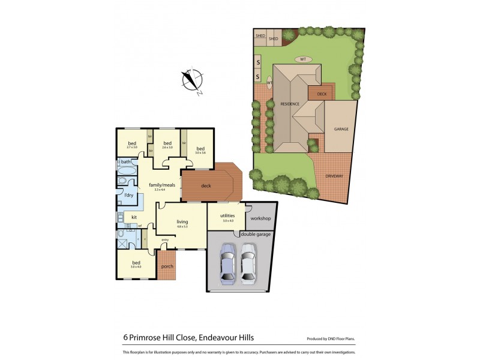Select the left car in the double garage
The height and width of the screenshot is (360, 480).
coord(228,263)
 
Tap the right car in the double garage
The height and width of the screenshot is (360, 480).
coord(248,263)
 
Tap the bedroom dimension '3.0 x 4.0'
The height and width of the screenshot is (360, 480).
coord(137,267)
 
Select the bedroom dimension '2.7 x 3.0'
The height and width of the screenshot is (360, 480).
coord(132,147)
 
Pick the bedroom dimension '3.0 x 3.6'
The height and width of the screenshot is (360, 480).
coord(200,153)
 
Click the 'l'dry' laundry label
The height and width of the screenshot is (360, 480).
coord(128,195)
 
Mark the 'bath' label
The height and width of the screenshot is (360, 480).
coord(126,162)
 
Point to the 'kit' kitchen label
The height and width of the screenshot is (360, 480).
coord(134,217)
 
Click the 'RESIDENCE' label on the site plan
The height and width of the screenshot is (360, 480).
coord(290,104)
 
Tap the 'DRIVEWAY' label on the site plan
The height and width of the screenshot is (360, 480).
coord(334,176)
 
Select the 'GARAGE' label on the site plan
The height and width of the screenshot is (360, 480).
coord(341,129)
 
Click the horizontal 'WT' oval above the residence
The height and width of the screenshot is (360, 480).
coord(303,59)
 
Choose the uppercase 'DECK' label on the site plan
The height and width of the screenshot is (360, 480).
coord(321,94)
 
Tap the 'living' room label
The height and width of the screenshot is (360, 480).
coord(182,221)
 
